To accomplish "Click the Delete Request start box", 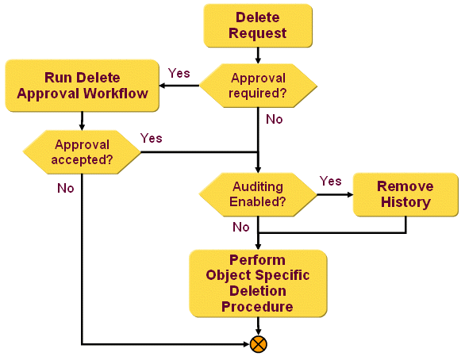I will [x=257, y=25].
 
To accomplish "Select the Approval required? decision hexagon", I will [x=258, y=86].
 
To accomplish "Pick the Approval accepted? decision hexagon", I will [x=83, y=151].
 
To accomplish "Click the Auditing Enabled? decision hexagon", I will [x=258, y=195].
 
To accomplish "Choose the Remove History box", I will [x=405, y=194].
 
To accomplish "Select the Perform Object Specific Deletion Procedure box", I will [x=258, y=283].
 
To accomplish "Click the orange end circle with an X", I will [x=258, y=344].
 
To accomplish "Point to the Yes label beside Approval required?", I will [x=179, y=73].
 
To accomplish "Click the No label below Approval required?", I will [x=275, y=119].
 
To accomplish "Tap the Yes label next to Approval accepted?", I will [x=151, y=138].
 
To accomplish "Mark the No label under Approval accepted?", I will [x=66, y=189].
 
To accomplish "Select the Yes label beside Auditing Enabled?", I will [x=330, y=181].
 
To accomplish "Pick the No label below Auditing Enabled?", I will [x=241, y=227].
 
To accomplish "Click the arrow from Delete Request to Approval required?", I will [x=258, y=56].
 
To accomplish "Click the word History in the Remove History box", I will [x=405, y=202].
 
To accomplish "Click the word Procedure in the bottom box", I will [x=258, y=306].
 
